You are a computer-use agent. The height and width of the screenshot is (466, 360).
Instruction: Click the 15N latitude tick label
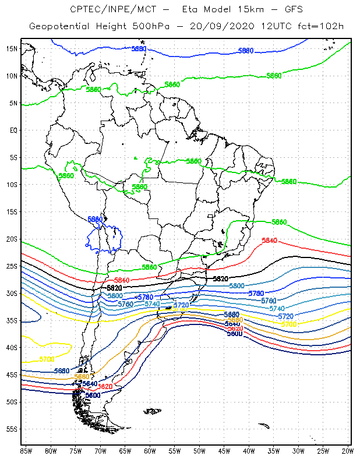[11, 48]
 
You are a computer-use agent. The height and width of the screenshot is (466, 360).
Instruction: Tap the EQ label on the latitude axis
[13, 130]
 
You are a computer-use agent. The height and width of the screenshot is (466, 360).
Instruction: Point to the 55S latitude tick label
[11, 429]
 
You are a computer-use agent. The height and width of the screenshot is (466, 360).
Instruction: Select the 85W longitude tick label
[26, 450]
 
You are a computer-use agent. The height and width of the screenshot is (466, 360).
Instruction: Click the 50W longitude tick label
[199, 450]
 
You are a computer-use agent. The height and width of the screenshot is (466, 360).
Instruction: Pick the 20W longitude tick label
[348, 450]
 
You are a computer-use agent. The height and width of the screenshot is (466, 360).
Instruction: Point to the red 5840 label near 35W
[270, 241]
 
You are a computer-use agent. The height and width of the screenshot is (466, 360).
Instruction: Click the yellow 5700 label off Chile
[47, 359]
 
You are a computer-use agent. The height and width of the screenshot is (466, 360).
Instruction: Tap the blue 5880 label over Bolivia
[95, 219]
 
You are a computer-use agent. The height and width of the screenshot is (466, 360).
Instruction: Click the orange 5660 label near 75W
[82, 377]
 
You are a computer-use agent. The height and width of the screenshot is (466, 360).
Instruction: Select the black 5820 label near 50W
[220, 279]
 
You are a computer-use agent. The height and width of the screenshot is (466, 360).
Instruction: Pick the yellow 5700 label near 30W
[290, 324]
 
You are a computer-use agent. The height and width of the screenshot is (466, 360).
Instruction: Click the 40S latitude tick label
[11, 347]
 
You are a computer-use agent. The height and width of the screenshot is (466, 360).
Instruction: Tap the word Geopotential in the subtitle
[59, 26]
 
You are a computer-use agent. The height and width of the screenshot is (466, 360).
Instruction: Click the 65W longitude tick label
[125, 450]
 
